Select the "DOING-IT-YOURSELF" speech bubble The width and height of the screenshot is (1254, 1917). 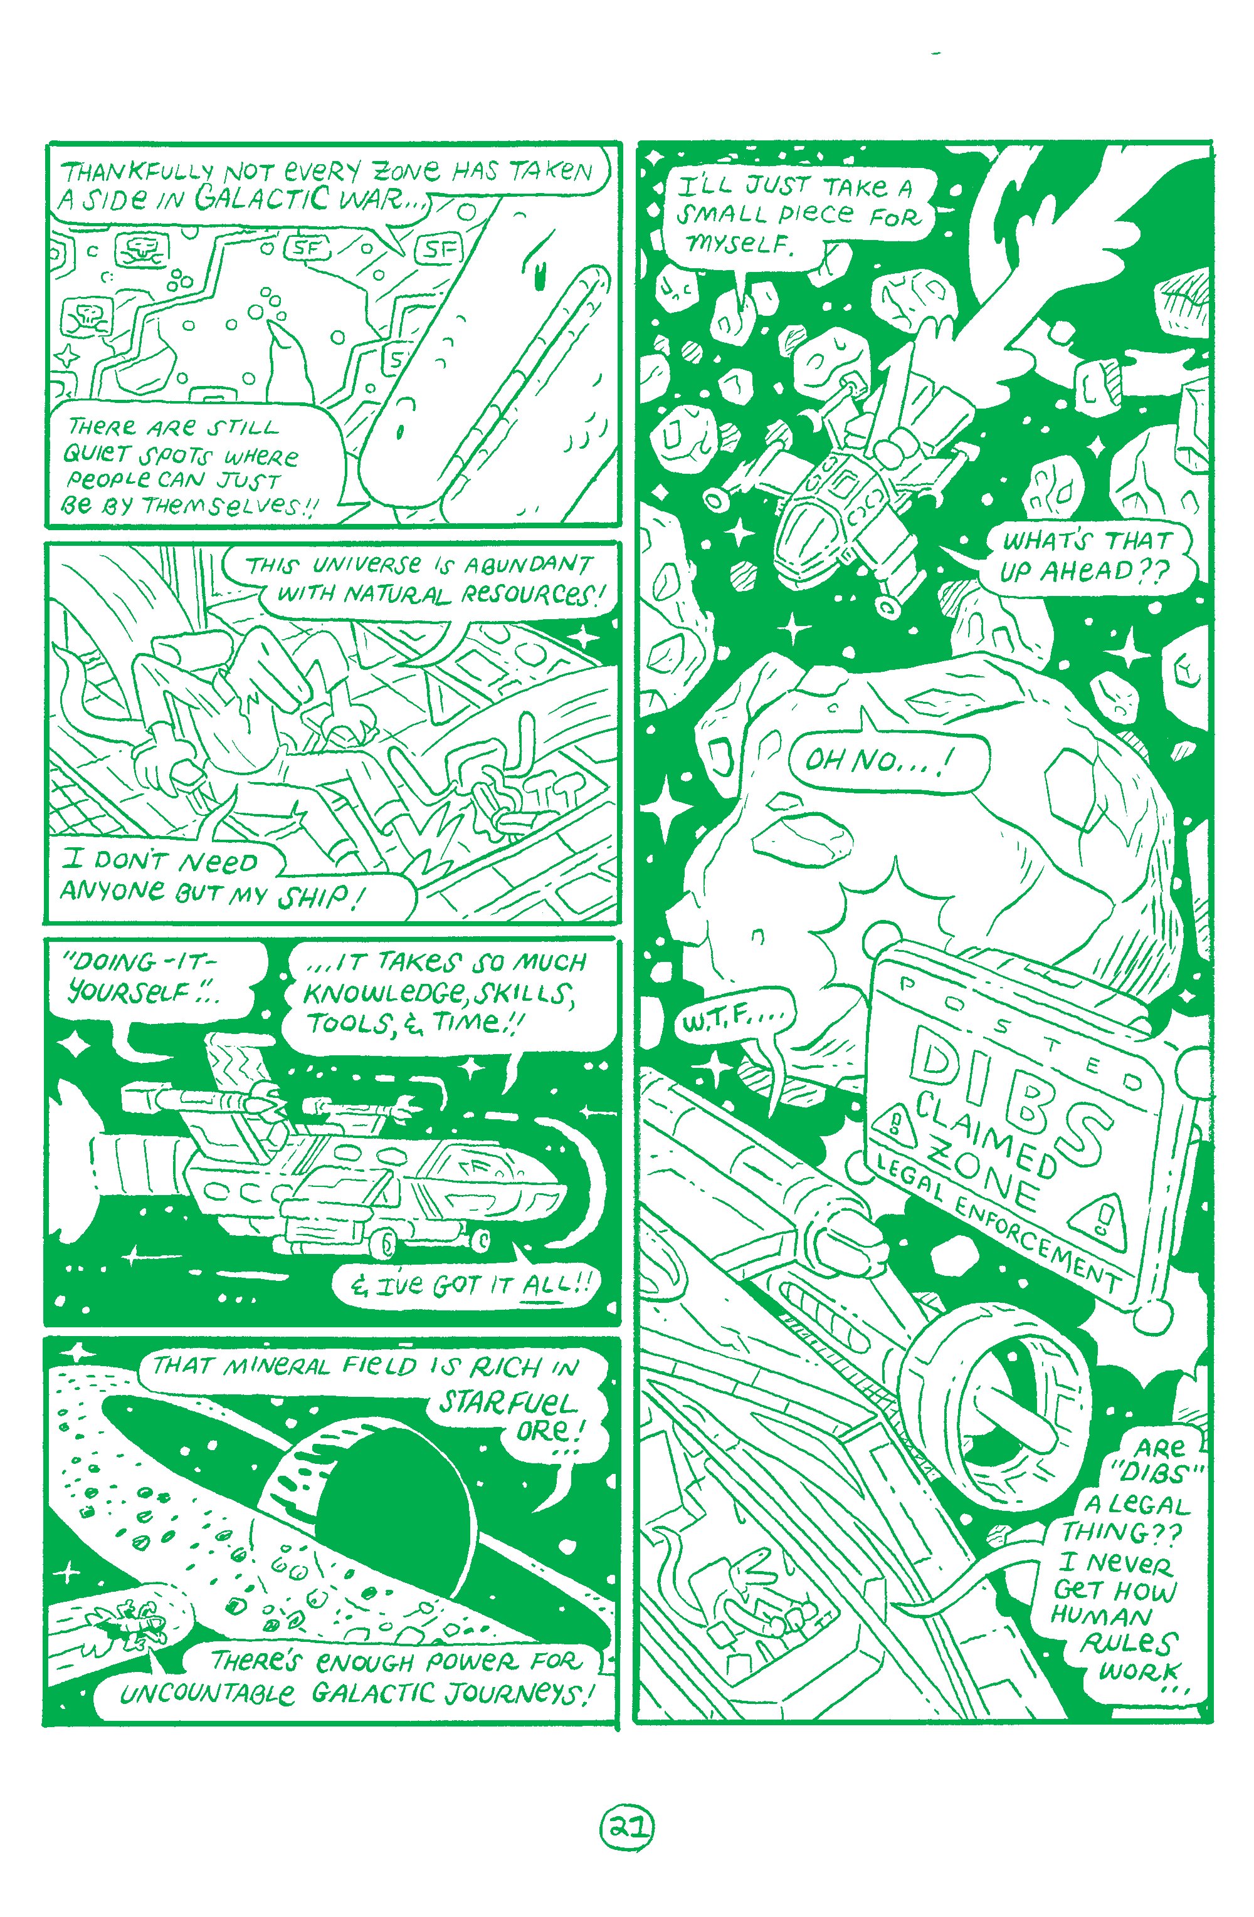tap(161, 979)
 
